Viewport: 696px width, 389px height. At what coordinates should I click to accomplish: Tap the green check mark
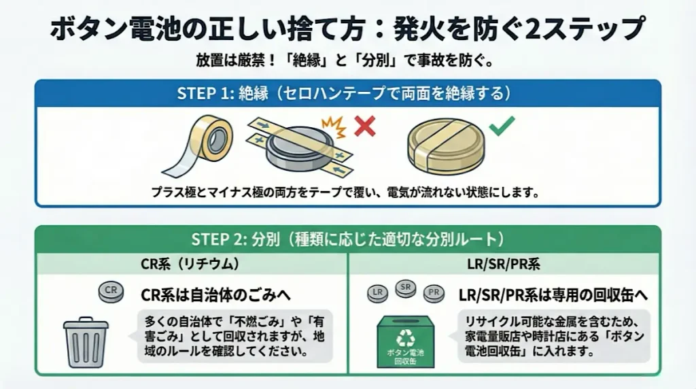(x=502, y=125)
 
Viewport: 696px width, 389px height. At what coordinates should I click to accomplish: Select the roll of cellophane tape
(x=203, y=142)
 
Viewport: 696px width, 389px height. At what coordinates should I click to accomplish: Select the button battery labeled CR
(x=111, y=293)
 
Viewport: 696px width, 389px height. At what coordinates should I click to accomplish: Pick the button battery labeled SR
(x=406, y=288)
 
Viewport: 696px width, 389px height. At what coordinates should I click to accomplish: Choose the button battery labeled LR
(x=377, y=294)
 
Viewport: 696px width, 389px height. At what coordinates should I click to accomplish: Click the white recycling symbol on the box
(x=406, y=337)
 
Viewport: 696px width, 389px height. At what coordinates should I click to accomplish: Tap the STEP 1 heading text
(x=347, y=94)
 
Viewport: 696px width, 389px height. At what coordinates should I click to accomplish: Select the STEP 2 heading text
(x=347, y=239)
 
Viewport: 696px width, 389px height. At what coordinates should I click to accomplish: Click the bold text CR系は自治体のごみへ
(x=215, y=294)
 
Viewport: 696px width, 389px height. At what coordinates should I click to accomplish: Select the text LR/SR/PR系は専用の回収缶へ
(x=553, y=294)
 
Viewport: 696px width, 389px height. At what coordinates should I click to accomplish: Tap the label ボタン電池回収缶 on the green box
(x=406, y=356)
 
